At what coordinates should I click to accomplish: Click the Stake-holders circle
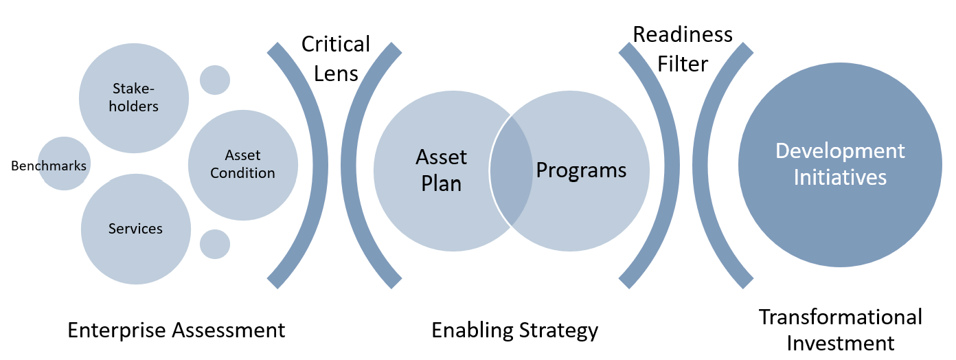tap(134, 98)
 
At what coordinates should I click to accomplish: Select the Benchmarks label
tap(49, 166)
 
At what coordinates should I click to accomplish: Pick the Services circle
tap(135, 229)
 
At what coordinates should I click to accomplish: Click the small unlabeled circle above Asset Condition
tap(214, 80)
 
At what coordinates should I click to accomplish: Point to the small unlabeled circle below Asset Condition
tap(214, 244)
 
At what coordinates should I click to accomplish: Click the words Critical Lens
tap(336, 58)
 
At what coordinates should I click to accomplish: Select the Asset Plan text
tap(442, 170)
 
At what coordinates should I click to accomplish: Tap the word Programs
tap(581, 170)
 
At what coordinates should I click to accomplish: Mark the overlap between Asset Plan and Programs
tap(511, 170)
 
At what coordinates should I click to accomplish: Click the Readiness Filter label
tap(683, 49)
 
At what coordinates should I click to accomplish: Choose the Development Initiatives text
tap(840, 164)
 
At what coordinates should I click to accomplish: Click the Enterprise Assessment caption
tap(176, 330)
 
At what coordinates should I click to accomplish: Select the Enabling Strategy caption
tap(514, 330)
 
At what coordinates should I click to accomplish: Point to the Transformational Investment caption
tap(840, 330)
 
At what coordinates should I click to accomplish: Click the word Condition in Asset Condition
tap(242, 173)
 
